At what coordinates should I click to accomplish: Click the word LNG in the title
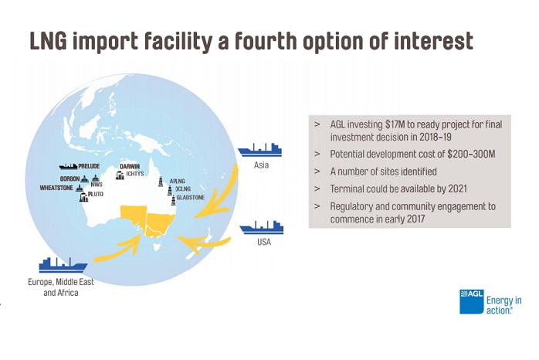49,41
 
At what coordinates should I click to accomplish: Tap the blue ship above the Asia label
260,150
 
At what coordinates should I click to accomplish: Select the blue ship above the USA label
262,227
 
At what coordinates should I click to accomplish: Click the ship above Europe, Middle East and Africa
63,265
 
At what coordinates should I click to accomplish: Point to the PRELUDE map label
89,166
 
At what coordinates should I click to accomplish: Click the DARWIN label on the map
130,166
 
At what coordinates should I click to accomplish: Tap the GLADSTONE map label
191,197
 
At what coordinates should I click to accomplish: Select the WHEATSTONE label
56,188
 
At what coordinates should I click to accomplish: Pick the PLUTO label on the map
96,194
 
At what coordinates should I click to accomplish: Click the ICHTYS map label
134,174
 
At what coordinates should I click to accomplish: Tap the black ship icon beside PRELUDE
68,166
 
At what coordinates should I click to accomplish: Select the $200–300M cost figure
471,154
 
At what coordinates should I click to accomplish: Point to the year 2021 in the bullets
457,188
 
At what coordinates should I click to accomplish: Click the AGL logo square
471,301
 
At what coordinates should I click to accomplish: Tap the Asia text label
261,165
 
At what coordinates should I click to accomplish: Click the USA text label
264,242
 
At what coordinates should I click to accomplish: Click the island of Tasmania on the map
157,247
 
